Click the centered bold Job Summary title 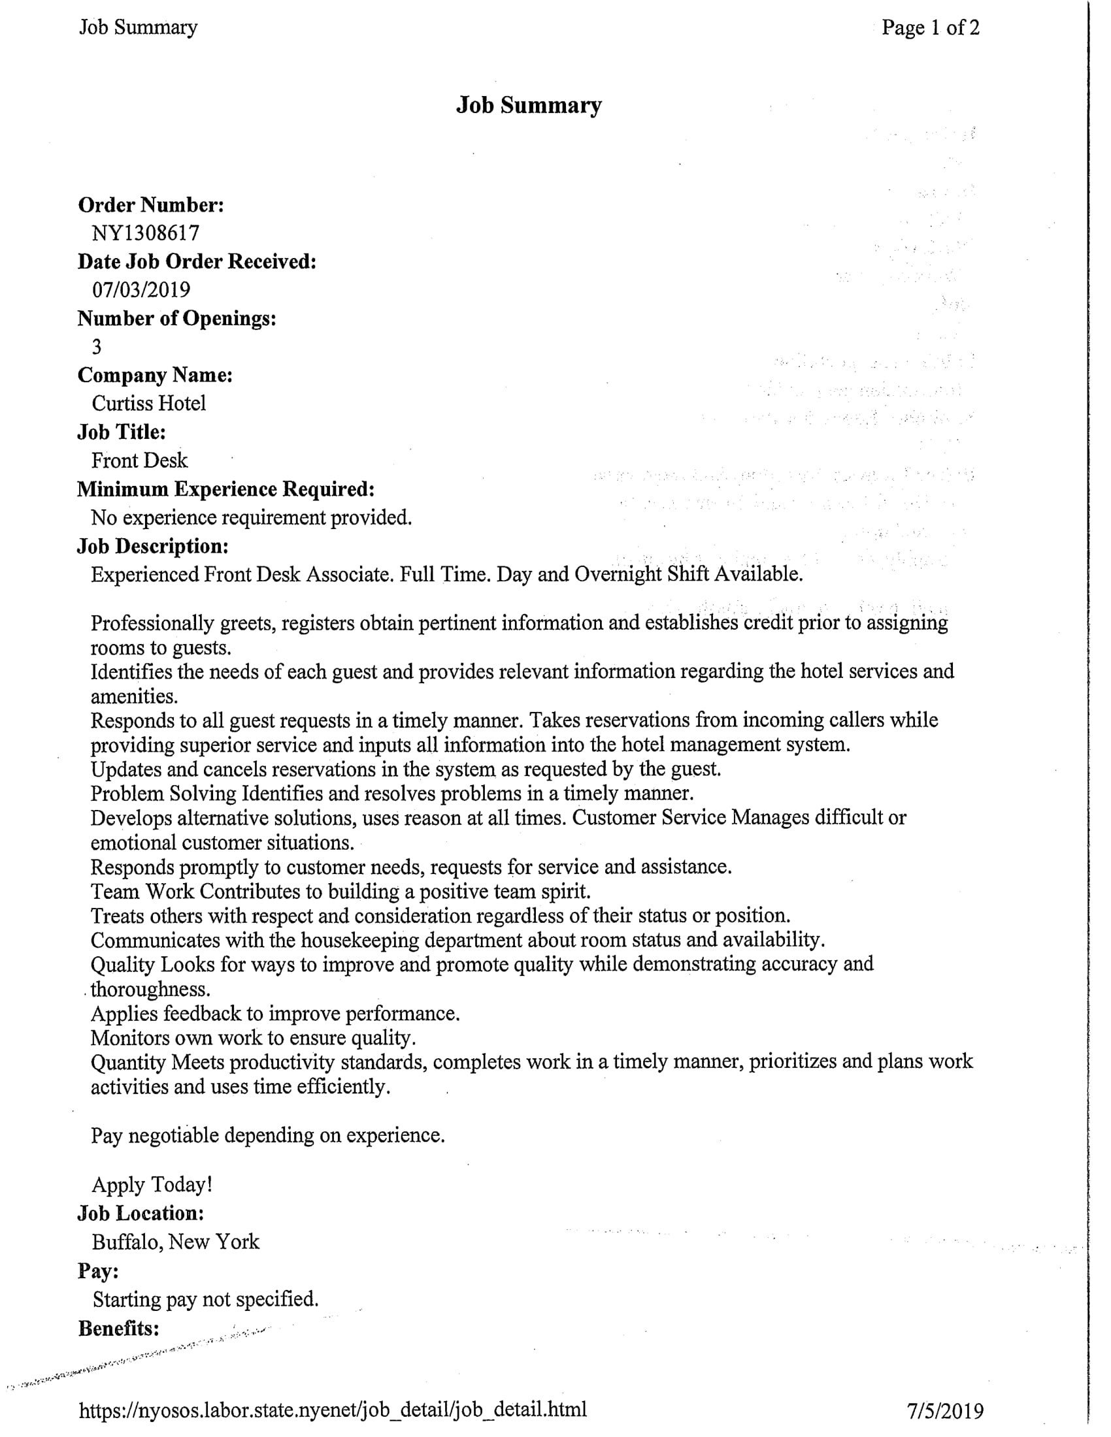pyautogui.click(x=529, y=105)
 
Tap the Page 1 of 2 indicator pyautogui.click(x=930, y=27)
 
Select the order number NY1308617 pyautogui.click(x=146, y=233)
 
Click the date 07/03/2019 pyautogui.click(x=141, y=289)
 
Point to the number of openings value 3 pyautogui.click(x=97, y=347)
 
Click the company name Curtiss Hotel pyautogui.click(x=149, y=403)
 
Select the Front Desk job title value pyautogui.click(x=140, y=460)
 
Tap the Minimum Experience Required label pyautogui.click(x=225, y=489)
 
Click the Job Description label pyautogui.click(x=153, y=546)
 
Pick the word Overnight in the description pyautogui.click(x=618, y=574)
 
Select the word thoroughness pyautogui.click(x=151, y=989)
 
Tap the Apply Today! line pyautogui.click(x=152, y=1184)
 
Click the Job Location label pyautogui.click(x=141, y=1214)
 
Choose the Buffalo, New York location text pyautogui.click(x=176, y=1242)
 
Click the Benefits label pyautogui.click(x=118, y=1329)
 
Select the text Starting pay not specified pyautogui.click(x=205, y=1299)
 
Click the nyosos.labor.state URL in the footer pyautogui.click(x=333, y=1410)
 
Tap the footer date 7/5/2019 pyautogui.click(x=945, y=1412)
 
